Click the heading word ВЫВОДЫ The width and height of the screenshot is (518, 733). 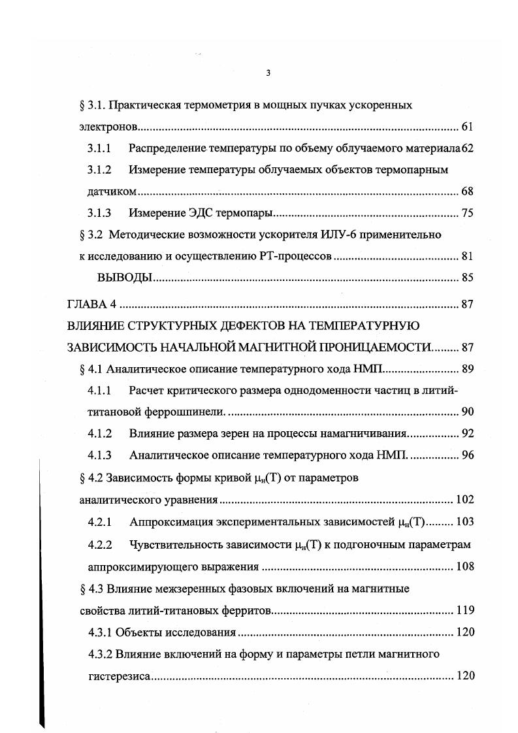125,278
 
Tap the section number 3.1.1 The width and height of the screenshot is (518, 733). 99,148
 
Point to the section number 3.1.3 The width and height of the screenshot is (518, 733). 99,213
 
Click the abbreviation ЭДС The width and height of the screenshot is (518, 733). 193,213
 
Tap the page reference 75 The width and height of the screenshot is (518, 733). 466,213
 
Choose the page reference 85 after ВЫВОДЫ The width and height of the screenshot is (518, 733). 466,278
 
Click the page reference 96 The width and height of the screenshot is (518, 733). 467,455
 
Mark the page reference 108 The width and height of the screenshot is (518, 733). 465,566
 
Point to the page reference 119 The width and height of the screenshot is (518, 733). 465,611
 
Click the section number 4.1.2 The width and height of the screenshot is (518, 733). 100,433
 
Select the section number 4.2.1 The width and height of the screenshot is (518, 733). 100,522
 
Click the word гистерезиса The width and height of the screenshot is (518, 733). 120,676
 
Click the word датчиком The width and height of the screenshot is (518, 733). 112,191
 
